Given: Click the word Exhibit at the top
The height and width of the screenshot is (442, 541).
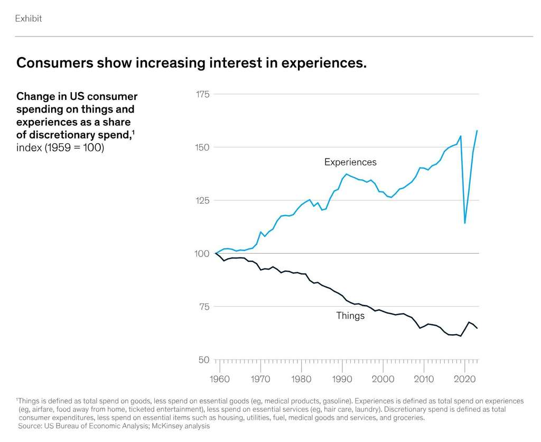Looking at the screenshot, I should pos(28,19).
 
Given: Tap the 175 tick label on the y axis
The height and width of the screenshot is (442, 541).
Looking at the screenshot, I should pos(203,94).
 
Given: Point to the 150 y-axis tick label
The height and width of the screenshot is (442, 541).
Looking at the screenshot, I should pos(203,148).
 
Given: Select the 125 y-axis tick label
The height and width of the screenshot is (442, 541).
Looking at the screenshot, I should pos(203,200).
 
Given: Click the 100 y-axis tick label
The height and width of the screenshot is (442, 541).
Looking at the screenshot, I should pos(203,254).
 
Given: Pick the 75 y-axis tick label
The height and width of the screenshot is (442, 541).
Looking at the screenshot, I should pos(204,307).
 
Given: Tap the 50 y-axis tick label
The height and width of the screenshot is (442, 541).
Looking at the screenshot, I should pos(203,360).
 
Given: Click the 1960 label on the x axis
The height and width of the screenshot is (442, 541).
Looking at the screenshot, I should pos(219,379).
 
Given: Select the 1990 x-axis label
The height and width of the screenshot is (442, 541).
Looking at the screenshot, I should pos(342,379).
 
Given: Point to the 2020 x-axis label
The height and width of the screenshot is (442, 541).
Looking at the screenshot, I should pos(465,379).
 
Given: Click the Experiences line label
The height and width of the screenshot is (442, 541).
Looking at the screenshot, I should pos(350,162).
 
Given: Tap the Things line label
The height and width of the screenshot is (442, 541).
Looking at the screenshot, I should pos(350,316).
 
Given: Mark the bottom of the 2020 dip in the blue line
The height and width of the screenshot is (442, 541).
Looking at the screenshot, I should pos(465,223).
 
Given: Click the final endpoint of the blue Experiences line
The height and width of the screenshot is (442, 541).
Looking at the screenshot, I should pos(477,131).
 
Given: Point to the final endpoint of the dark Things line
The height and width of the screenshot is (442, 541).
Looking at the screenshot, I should pos(477,328).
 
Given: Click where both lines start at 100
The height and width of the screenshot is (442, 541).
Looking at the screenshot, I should pos(216,254).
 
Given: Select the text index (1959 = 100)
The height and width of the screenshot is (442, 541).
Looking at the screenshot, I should pos(60,147).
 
